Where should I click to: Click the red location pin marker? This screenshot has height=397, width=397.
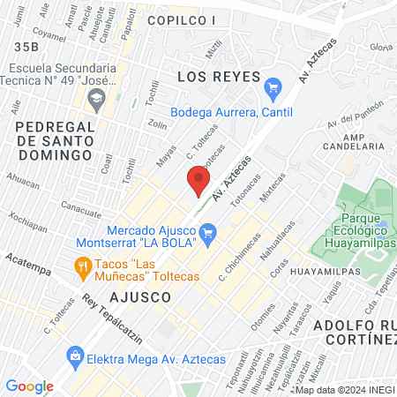pos(198,183)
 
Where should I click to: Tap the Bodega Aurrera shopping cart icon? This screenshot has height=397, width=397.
pos(273,87)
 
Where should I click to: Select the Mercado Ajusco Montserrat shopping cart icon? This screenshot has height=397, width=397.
pos(209,233)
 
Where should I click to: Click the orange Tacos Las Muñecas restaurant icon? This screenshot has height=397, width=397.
pos(83,265)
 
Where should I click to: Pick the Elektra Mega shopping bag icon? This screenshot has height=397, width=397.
pos(76,356)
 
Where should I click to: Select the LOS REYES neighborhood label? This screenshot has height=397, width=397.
pos(210,77)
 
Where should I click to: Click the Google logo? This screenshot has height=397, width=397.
pos(29,386)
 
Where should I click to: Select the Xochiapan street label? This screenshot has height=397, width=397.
pos(28,221)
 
